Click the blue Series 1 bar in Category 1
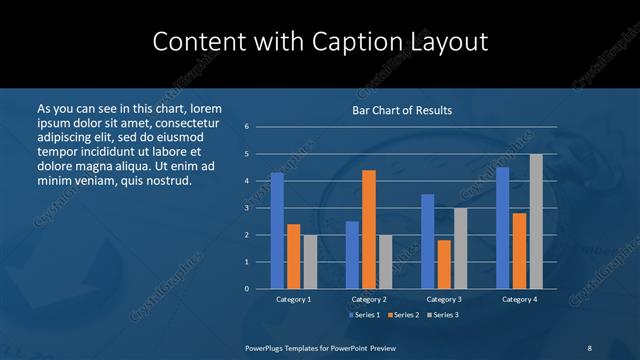[x=277, y=231]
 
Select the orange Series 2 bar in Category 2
[x=369, y=229]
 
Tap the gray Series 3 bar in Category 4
[x=536, y=221]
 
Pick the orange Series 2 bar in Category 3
[x=444, y=264]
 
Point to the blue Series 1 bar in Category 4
[x=503, y=228]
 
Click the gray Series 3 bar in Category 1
[x=310, y=262]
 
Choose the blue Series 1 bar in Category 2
[x=352, y=255]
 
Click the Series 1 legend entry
[x=364, y=315]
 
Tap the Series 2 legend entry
[x=402, y=315]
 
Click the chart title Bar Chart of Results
[x=402, y=110]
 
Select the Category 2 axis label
[x=368, y=299]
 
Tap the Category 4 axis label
[x=519, y=299]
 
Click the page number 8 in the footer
[x=588, y=347]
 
